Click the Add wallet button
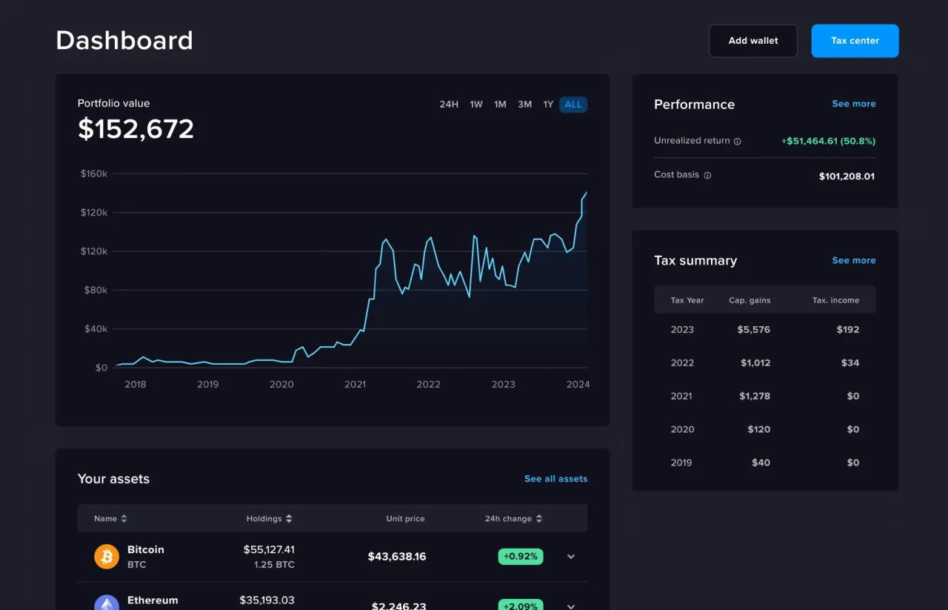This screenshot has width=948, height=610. coord(752,41)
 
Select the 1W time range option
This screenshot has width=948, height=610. coord(476,105)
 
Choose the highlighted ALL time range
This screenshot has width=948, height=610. coord(573,105)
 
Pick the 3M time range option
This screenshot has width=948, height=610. coord(524,105)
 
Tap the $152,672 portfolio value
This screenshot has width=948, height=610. coord(136,129)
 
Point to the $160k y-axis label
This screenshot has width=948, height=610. coord(94,173)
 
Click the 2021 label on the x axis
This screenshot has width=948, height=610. coord(355,384)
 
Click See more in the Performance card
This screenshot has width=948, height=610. coord(853,104)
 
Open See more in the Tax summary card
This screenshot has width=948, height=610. coord(853,260)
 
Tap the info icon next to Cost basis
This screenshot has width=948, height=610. coord(707,176)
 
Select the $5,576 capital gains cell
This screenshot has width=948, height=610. coord(753,329)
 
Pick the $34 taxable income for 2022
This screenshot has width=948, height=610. coord(850,362)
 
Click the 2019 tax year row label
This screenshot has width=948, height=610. coord(681,463)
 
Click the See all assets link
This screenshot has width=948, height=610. coord(555,479)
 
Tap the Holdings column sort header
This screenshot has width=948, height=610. coord(269,519)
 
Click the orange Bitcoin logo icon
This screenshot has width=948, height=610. coord(107,556)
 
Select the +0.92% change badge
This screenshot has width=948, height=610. coord(520,556)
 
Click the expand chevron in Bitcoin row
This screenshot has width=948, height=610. coord(571,557)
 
